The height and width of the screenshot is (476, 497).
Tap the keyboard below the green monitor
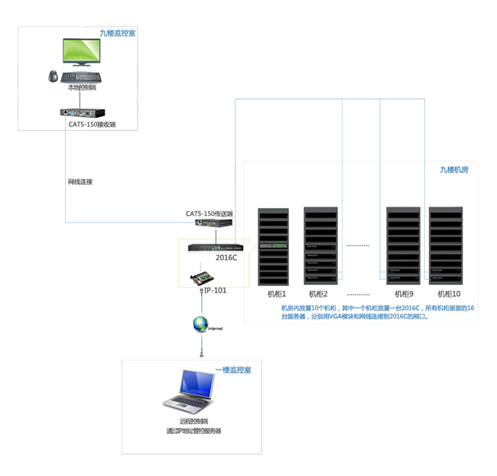82,77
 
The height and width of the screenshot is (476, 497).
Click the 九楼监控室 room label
118,34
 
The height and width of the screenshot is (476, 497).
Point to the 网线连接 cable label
80,182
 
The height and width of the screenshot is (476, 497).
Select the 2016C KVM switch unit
219,247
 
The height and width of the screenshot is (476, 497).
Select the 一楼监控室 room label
233,370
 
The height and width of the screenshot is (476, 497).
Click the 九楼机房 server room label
453,170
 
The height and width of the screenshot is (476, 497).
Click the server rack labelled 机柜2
320,246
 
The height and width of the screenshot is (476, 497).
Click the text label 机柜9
404,294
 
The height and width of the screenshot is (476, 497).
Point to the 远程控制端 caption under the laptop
193,422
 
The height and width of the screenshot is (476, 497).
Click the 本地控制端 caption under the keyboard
82,88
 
